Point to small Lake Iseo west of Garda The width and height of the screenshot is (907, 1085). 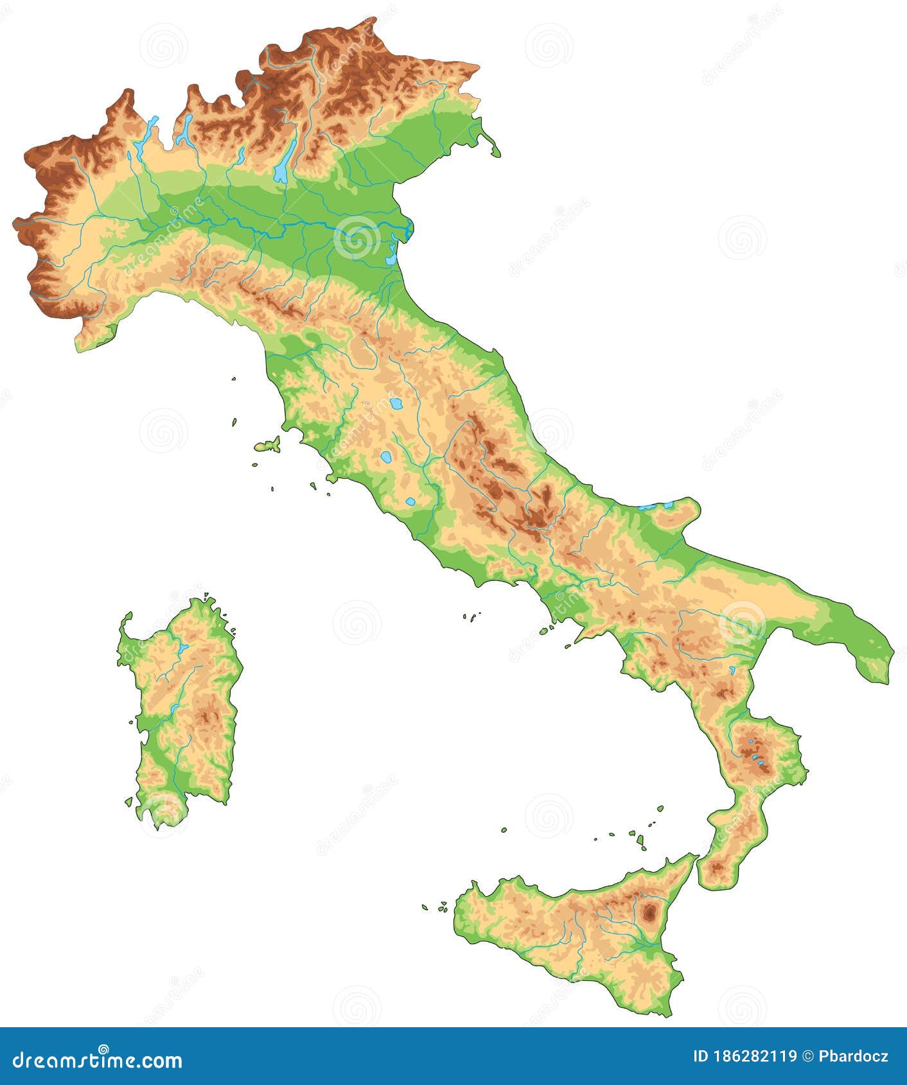click(x=241, y=154)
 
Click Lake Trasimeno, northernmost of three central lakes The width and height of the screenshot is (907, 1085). click(x=396, y=404)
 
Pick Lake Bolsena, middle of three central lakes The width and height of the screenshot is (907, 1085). click(x=385, y=458)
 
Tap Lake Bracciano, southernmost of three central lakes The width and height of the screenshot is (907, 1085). click(x=410, y=501)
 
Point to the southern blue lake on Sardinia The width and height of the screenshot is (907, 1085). click(x=174, y=709)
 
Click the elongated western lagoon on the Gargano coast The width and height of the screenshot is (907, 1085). click(x=649, y=507)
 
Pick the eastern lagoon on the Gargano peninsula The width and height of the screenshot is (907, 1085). click(x=669, y=505)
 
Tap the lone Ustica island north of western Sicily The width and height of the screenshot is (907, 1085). click(x=504, y=829)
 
